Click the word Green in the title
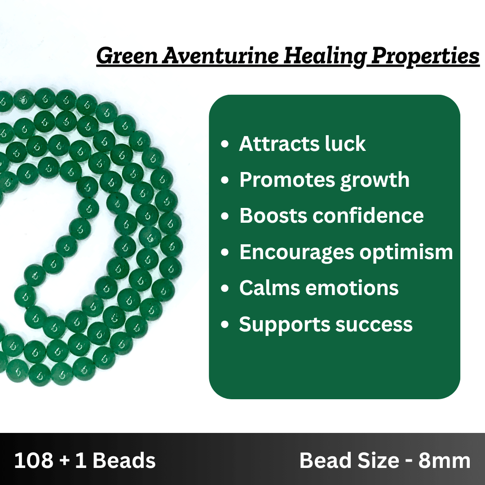127,56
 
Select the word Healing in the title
325,57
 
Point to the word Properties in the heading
425,57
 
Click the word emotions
352,288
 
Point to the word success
374,325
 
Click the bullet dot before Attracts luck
225,144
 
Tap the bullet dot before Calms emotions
225,288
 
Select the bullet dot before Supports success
225,325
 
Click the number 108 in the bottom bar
33,460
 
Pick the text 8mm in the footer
445,461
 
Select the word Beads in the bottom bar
124,460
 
